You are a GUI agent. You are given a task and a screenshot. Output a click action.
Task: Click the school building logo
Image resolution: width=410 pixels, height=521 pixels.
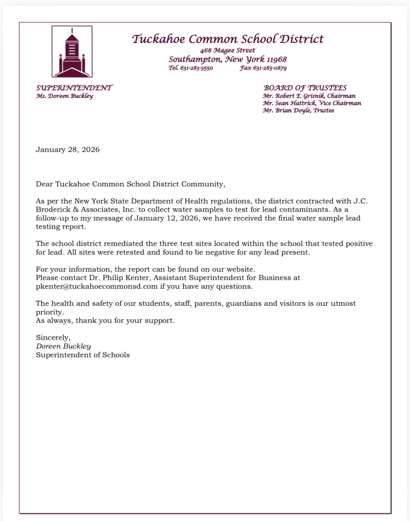coord(72,52)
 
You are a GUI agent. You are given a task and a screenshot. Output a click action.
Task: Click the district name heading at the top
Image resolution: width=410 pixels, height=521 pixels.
coord(227,39)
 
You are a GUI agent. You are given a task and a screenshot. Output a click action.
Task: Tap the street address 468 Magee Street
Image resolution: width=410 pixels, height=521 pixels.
coord(227,50)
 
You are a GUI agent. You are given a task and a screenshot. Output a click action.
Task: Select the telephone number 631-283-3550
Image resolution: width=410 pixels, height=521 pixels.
coord(196,68)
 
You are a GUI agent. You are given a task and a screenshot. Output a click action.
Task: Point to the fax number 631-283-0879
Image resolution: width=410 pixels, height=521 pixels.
coord(270,68)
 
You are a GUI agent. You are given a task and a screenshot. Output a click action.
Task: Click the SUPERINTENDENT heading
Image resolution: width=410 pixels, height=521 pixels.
coord(74,88)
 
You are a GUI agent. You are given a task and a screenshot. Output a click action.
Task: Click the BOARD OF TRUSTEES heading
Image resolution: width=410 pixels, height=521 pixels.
coord(305,88)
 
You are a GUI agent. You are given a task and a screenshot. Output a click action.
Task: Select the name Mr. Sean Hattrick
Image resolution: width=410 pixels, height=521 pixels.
coord(289,103)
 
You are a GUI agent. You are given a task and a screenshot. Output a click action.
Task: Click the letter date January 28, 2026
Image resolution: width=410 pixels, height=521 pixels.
coord(67,150)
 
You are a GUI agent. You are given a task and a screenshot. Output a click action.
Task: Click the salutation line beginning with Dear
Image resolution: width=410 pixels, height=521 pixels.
coord(130,184)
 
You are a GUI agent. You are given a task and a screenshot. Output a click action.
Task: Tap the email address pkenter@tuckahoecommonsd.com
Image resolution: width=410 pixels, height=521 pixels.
coord(97,286)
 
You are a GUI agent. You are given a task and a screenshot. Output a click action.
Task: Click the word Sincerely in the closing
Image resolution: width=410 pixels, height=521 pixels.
coord(53,338)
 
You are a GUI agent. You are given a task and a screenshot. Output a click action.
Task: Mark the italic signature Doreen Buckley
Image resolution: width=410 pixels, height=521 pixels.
coord(63,346)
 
